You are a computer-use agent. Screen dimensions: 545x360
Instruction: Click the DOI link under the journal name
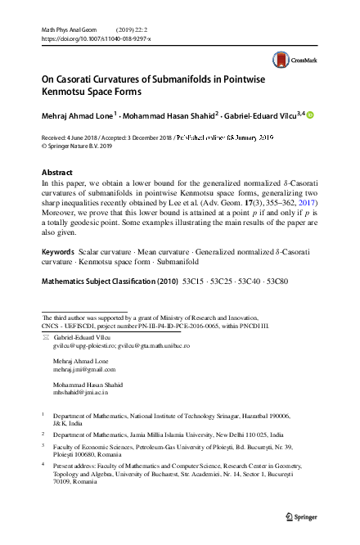tap(96, 38)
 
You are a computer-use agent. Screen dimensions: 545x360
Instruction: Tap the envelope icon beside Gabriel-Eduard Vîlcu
tap(46, 336)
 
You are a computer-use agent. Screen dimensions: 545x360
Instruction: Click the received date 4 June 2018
tap(71, 140)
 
